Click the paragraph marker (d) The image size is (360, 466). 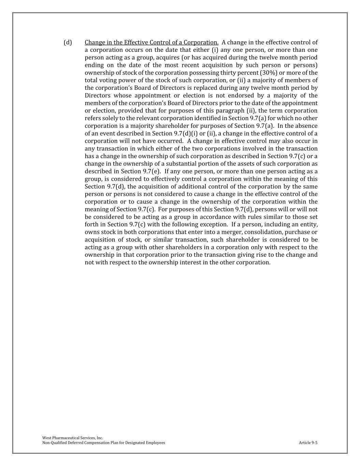click(68, 42)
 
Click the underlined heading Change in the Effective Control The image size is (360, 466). click(152, 42)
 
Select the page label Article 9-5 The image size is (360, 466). click(308, 443)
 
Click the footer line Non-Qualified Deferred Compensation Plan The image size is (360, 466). click(103, 443)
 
